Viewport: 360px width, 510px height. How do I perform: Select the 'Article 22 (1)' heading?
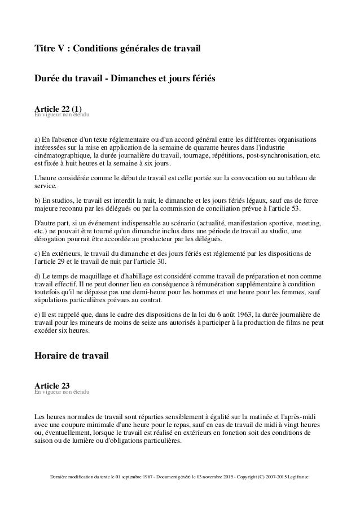pyautogui.click(x=58, y=109)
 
